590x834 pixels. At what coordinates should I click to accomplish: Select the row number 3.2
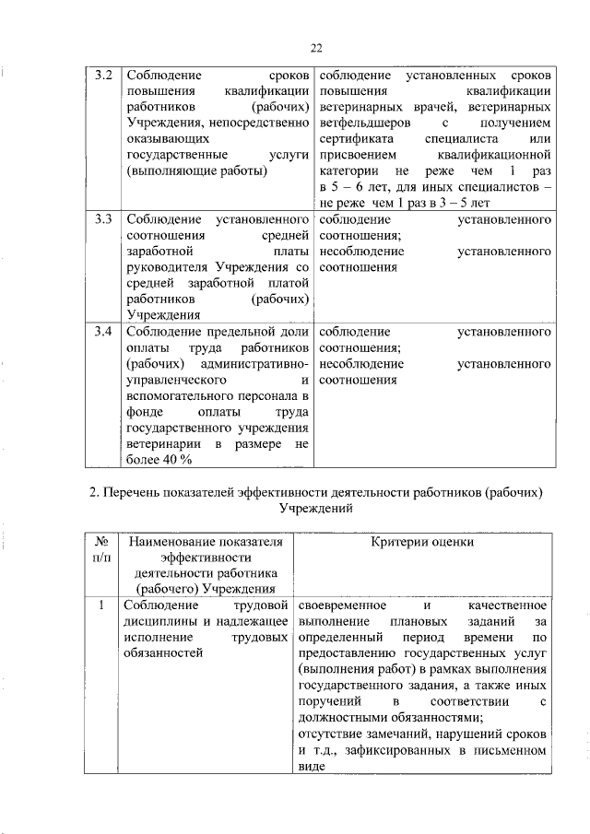point(104,74)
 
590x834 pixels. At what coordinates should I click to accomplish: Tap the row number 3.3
point(104,221)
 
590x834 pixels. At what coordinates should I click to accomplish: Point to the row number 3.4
point(104,330)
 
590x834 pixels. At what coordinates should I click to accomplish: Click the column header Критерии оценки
point(422,543)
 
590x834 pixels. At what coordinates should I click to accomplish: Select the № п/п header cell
point(102,550)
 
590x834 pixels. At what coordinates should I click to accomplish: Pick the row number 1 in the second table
point(101,606)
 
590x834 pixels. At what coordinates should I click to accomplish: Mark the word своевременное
point(343,606)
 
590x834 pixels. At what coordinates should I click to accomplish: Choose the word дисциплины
point(158,622)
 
